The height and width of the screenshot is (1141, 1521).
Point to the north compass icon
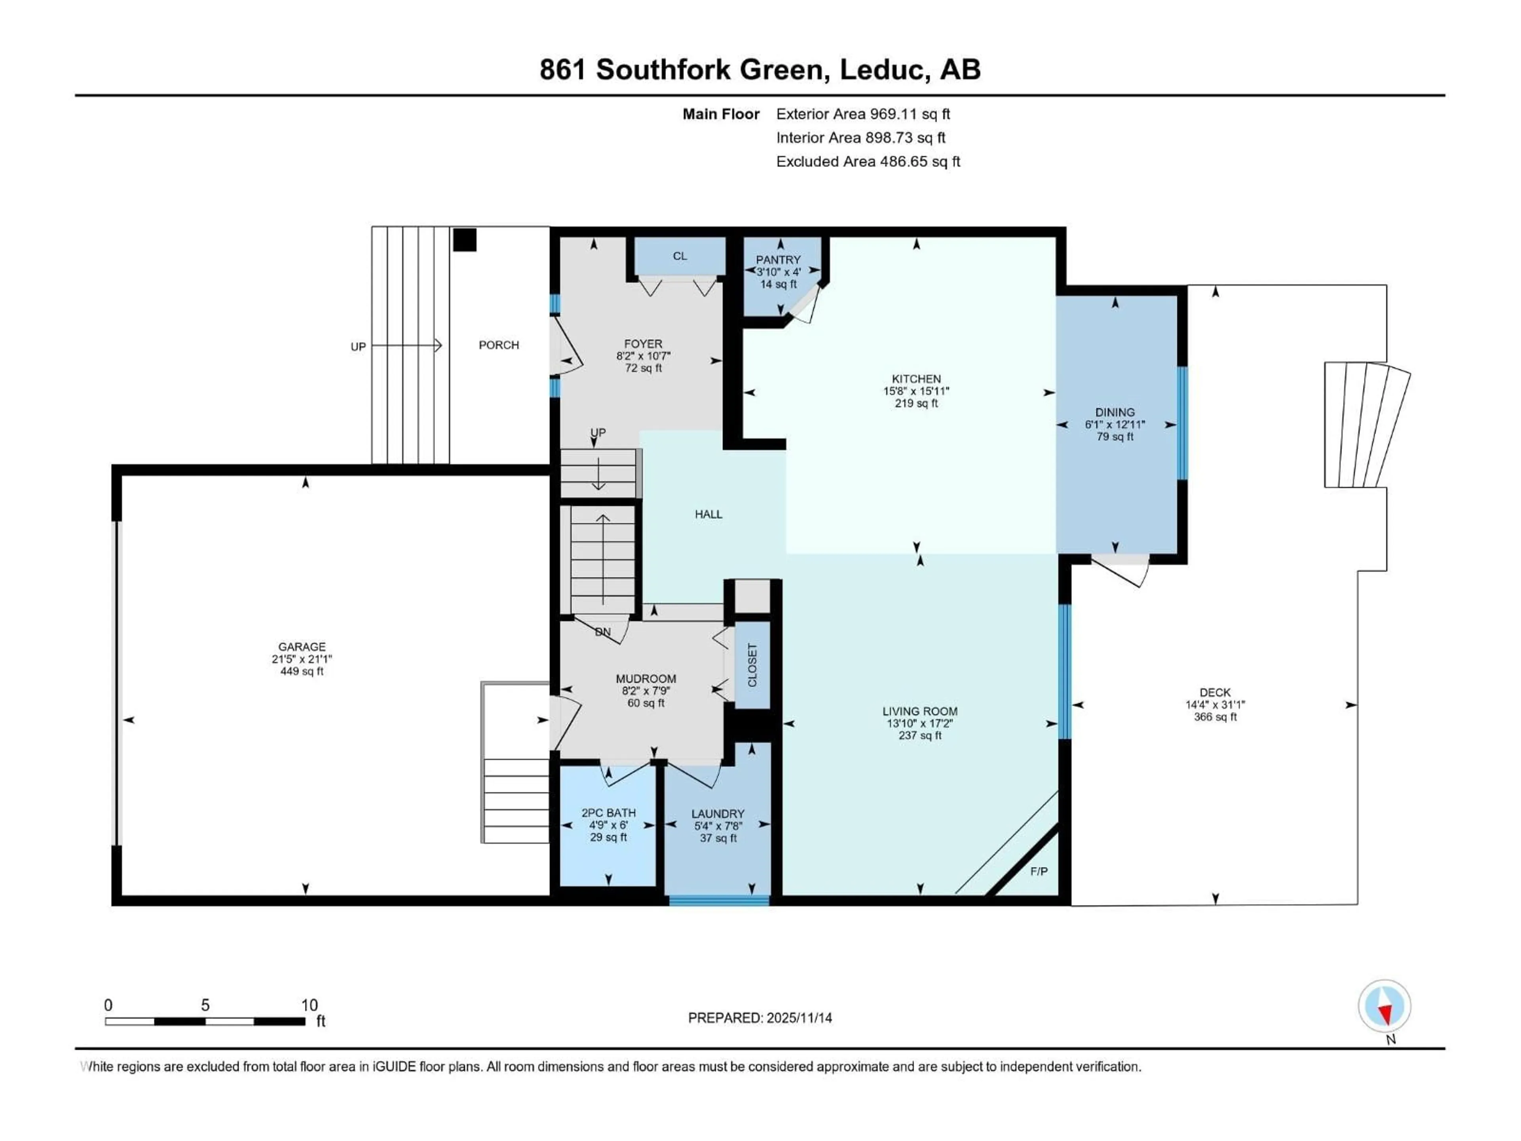[1384, 1006]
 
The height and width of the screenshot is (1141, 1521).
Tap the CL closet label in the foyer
[679, 256]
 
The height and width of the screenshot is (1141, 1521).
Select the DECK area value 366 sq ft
[1215, 717]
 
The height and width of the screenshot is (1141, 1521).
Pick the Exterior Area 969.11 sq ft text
[863, 114]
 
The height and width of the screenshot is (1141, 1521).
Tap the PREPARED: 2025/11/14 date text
[760, 1018]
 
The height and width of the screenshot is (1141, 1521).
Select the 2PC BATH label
[608, 812]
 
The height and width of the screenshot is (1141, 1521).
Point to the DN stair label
[602, 632]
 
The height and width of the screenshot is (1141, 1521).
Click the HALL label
[708, 514]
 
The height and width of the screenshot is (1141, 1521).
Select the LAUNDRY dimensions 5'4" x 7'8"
[718, 825]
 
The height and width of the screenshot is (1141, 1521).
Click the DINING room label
[1115, 412]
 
